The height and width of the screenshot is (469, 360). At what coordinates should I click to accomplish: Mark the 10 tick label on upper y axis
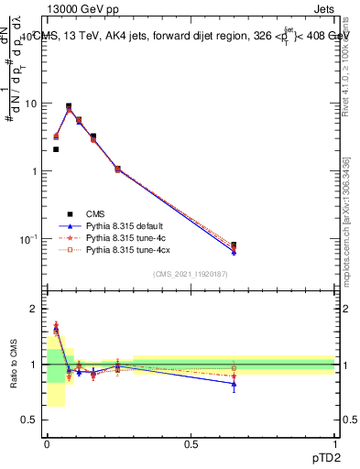coord(30,104)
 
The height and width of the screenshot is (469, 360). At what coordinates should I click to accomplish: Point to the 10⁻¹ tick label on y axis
coord(29,239)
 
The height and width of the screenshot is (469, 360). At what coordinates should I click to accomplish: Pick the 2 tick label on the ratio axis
coord(35,310)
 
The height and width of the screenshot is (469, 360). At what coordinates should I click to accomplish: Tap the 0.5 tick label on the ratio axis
coord(31,420)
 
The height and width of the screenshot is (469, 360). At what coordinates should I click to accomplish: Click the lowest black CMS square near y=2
coord(56,149)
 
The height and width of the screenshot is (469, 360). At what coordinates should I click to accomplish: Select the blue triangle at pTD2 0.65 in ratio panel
coord(235,384)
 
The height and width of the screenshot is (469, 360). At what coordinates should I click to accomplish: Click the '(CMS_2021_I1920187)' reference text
coord(191,274)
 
